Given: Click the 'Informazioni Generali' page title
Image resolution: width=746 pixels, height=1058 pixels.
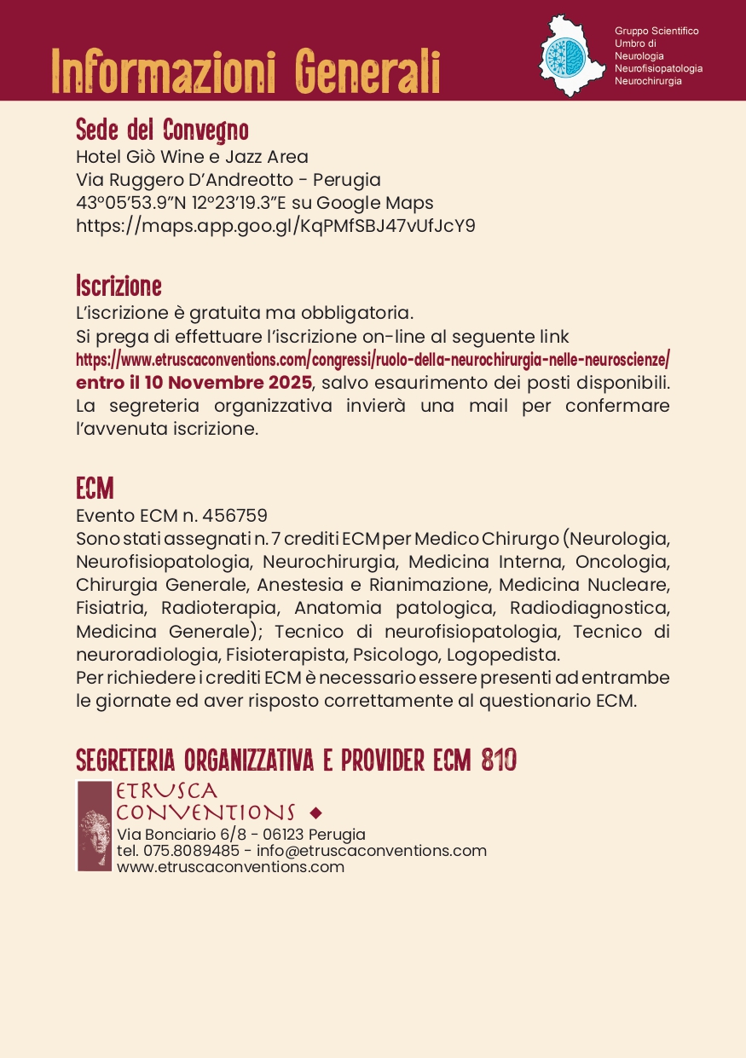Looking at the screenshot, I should click(x=246, y=72).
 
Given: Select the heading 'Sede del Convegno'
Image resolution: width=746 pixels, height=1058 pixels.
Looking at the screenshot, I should click(x=162, y=130).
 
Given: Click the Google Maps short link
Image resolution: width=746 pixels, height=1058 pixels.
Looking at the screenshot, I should click(x=275, y=226).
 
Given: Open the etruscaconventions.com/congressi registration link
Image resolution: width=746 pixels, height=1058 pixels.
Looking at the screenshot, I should click(x=373, y=358).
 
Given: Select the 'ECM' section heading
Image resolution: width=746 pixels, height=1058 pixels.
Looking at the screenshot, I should click(x=95, y=489).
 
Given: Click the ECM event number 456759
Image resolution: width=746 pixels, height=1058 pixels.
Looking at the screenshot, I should click(x=234, y=516).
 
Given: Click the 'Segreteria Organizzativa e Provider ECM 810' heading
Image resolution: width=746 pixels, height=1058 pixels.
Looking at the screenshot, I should click(x=296, y=760).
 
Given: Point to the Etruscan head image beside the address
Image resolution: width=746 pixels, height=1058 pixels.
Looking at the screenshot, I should click(x=95, y=825).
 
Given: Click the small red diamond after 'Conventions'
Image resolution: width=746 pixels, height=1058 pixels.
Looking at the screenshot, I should click(x=316, y=812).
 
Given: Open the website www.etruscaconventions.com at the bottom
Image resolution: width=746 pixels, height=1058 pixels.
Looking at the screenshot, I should click(x=230, y=867).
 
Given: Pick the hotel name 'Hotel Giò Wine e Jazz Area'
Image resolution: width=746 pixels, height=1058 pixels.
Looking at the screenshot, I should click(x=192, y=157).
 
